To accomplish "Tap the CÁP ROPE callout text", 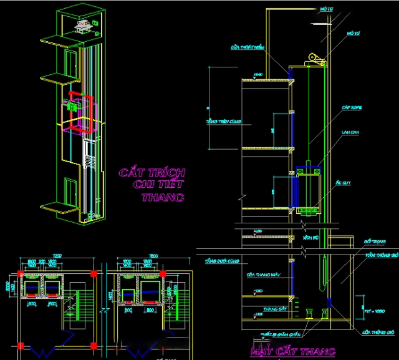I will tap(352, 108).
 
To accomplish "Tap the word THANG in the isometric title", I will tap(163, 198).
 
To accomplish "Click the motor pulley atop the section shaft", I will tap(315, 61).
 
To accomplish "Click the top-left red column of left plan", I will tap(22, 273).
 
